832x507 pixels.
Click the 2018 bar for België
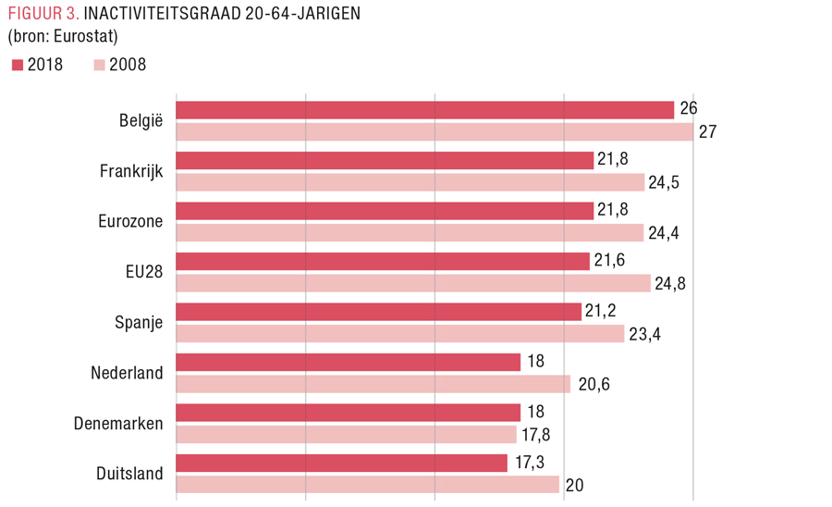[x=424, y=110]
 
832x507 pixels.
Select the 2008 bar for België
[x=434, y=131]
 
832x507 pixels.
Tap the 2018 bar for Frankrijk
[x=385, y=161]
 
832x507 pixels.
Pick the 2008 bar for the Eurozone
[x=410, y=232]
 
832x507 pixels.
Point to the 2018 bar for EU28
[x=383, y=262]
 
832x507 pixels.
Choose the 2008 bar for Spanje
[x=400, y=333]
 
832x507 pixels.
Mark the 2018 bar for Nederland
[x=349, y=363]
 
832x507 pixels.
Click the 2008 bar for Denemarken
[x=346, y=434]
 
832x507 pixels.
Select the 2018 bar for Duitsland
[x=342, y=464]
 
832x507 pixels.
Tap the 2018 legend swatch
[x=18, y=65]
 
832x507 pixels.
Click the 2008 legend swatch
[x=99, y=65]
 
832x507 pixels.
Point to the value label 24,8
[x=670, y=283]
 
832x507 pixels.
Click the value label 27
[x=708, y=131]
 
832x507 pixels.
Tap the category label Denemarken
[x=117, y=424]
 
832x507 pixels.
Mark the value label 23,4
[x=644, y=334]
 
